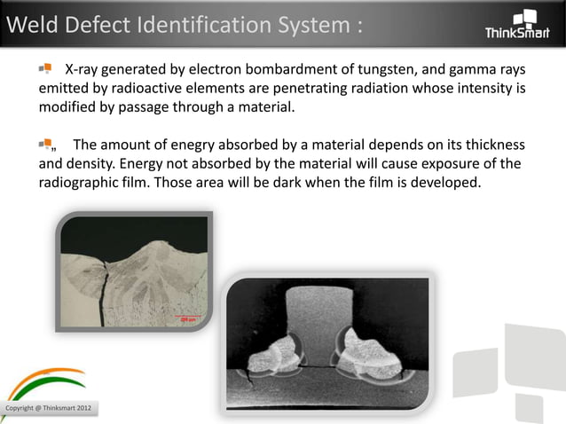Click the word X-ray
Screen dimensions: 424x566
[x=86, y=70]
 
